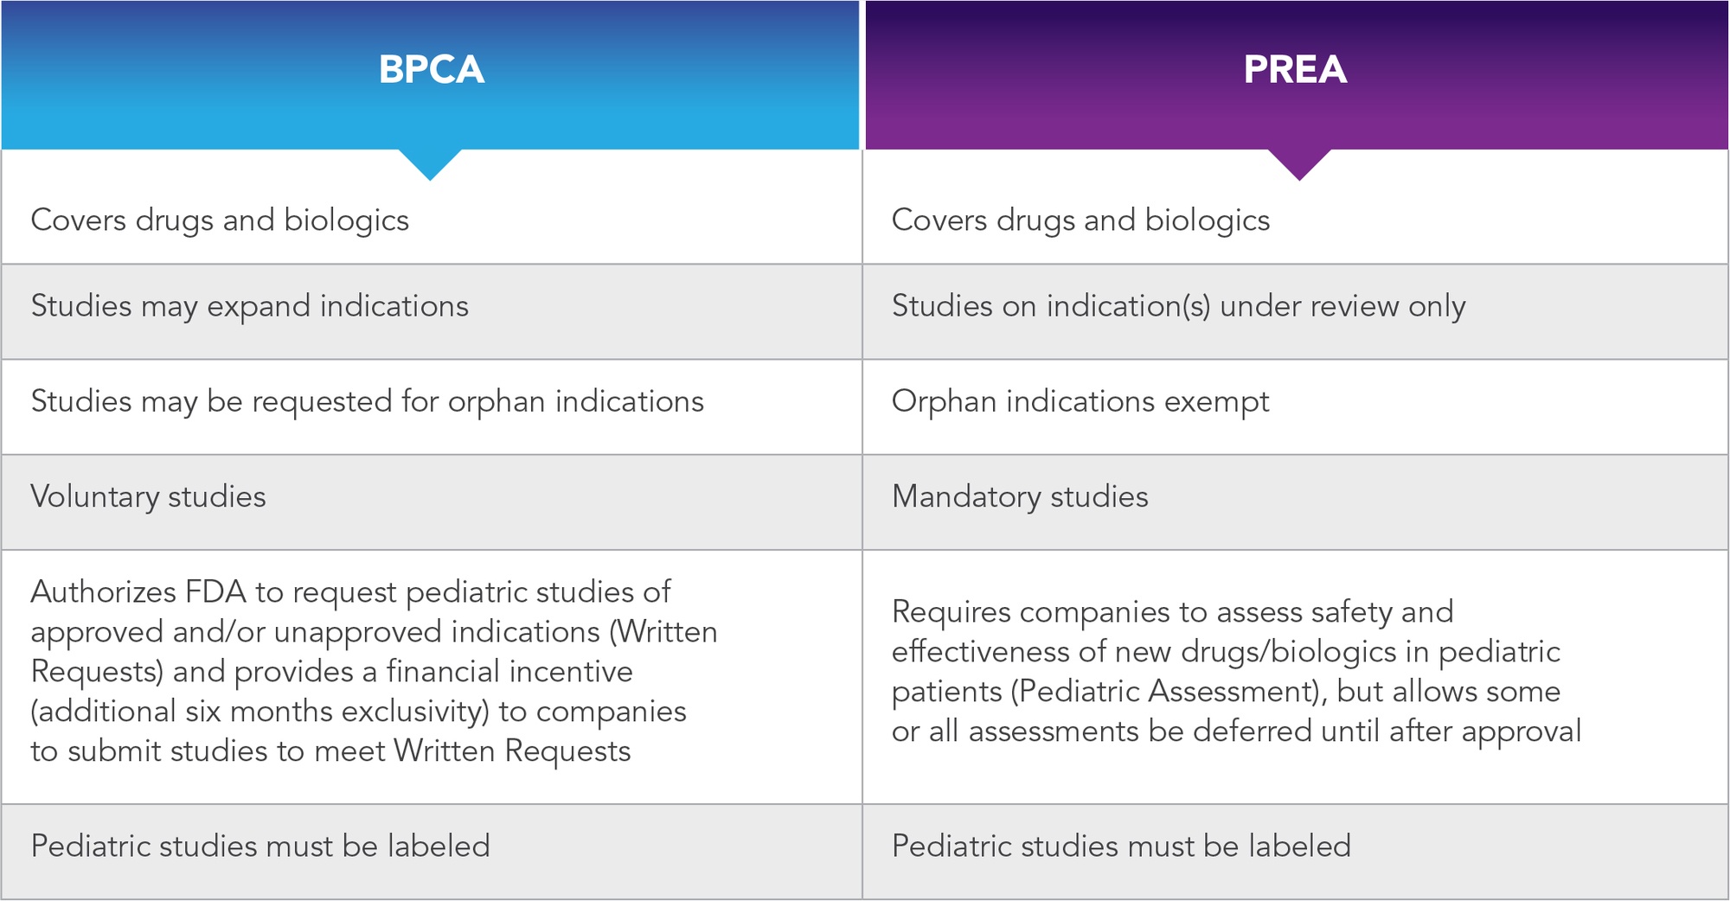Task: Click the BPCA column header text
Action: [431, 69]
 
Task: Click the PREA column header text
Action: [1295, 69]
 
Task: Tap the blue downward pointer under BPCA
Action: [430, 164]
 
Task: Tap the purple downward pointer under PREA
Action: [1299, 164]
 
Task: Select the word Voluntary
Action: [94, 497]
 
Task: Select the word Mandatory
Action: [966, 497]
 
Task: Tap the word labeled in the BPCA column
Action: [439, 846]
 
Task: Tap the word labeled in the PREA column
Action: [1300, 846]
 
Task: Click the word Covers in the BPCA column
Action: [79, 220]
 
